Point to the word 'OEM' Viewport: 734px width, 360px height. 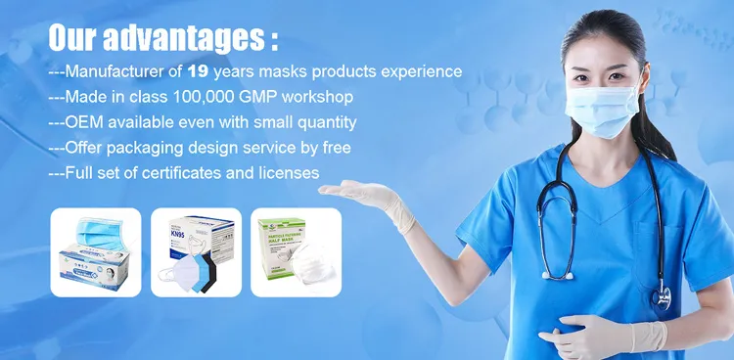(x=83, y=122)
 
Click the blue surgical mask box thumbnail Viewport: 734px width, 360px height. (x=96, y=251)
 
